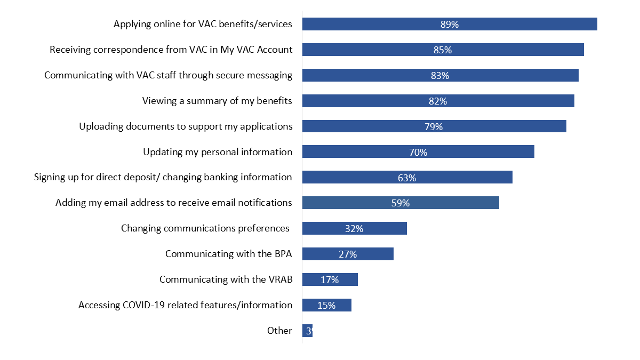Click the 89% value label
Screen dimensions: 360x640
click(450, 25)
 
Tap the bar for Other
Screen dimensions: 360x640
click(307, 331)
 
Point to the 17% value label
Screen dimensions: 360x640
click(330, 280)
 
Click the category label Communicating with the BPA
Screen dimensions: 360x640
click(228, 254)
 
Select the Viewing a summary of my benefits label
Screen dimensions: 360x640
click(217, 101)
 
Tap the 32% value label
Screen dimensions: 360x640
click(354, 229)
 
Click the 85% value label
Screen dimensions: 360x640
click(443, 50)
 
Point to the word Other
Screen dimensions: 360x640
click(279, 331)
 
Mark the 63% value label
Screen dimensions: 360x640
click(407, 178)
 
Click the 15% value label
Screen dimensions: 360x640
click(326, 306)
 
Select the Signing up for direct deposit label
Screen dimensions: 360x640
click(163, 177)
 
